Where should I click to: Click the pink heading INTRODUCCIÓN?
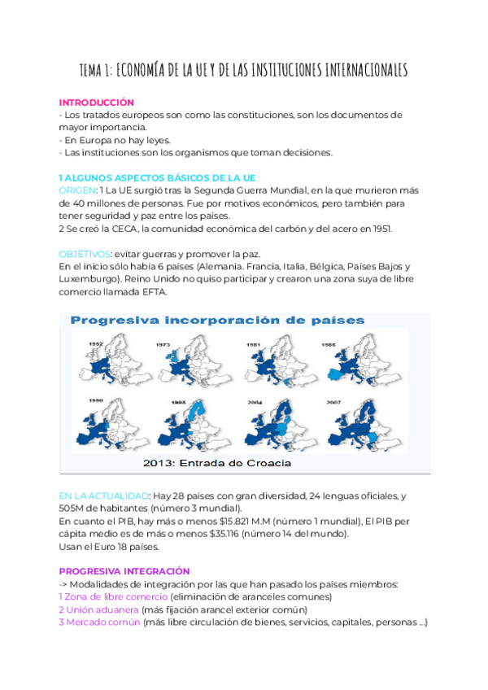(96, 103)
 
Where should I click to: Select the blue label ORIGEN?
(77, 190)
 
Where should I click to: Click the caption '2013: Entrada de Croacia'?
(217, 464)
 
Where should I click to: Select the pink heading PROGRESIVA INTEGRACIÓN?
(124, 572)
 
